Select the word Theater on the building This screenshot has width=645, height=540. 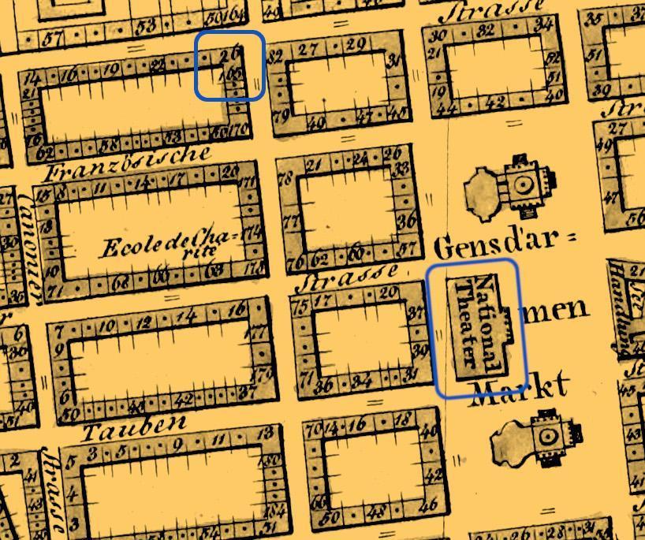click(470, 323)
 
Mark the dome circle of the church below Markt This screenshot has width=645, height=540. click(547, 436)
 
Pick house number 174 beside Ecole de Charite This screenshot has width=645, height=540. click(252, 233)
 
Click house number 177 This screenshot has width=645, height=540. click(259, 333)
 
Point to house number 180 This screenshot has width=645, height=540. click(273, 460)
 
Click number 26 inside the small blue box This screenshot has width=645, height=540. click(229, 55)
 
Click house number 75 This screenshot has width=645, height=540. click(300, 307)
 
